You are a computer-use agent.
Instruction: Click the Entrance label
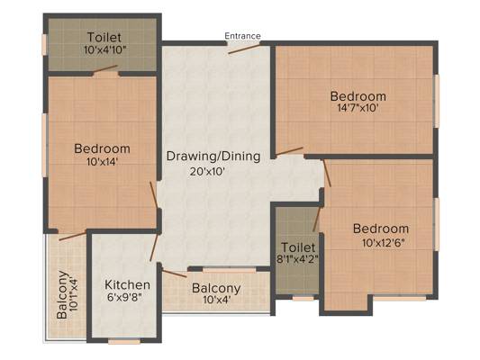[x=242, y=36]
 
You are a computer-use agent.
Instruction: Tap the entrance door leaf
[x=244, y=49]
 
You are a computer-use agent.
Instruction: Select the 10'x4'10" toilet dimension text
[x=105, y=49]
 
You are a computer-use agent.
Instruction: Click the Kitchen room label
[x=127, y=284]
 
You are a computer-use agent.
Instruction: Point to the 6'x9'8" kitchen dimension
[x=125, y=297]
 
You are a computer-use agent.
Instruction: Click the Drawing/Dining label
[x=213, y=157]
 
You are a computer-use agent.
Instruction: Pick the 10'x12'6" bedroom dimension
[x=384, y=243]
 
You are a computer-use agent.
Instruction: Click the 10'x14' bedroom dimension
[x=102, y=161]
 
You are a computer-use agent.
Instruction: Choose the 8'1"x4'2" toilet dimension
[x=297, y=259]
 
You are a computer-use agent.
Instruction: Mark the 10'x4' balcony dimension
[x=216, y=299]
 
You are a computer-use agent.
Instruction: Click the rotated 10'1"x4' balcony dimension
[x=74, y=294]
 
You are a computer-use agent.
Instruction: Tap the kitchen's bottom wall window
[x=124, y=341]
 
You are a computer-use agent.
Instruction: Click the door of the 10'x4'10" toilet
[x=105, y=68]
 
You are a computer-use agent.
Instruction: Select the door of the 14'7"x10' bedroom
[x=289, y=151]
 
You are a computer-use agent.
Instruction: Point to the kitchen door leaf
[x=154, y=247]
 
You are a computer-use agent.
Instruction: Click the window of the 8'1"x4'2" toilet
[x=303, y=298]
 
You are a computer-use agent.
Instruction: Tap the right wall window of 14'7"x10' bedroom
[x=437, y=101]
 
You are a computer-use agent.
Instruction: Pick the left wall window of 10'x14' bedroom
[x=45, y=145]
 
